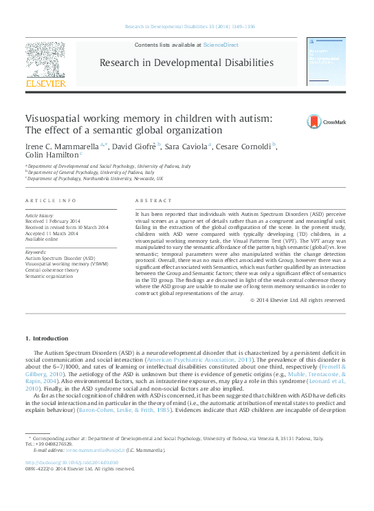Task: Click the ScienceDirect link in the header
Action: pyautogui.click(x=221, y=44)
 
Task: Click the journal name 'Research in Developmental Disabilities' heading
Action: pyautogui.click(x=186, y=63)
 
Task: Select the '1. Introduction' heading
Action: pyautogui.click(x=47, y=338)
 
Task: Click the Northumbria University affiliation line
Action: pyautogui.click(x=96, y=178)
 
